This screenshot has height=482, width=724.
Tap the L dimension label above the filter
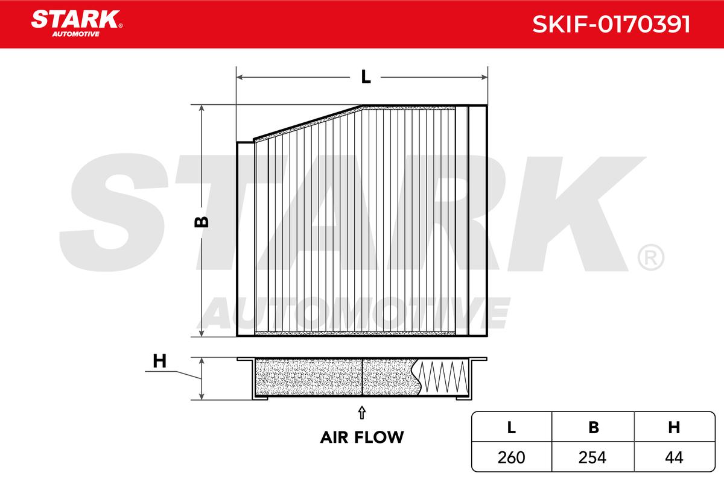pyautogui.click(x=365, y=77)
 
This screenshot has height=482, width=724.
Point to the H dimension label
pyautogui.click(x=159, y=361)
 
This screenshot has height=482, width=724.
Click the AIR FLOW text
pyautogui.click(x=361, y=437)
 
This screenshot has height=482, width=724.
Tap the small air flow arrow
pyautogui.click(x=361, y=412)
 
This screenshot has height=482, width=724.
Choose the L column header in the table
pyautogui.click(x=512, y=428)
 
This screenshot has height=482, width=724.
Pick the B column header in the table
pyautogui.click(x=594, y=428)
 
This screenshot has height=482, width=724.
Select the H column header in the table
pyautogui.click(x=674, y=428)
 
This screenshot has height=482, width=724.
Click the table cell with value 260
pyautogui.click(x=512, y=457)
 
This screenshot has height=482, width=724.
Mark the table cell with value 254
pyautogui.click(x=594, y=457)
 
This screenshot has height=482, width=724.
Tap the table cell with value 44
pyautogui.click(x=674, y=457)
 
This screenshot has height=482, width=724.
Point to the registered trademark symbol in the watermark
pyautogui.click(x=650, y=258)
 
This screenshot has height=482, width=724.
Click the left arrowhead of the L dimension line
pyautogui.click(x=240, y=77)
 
